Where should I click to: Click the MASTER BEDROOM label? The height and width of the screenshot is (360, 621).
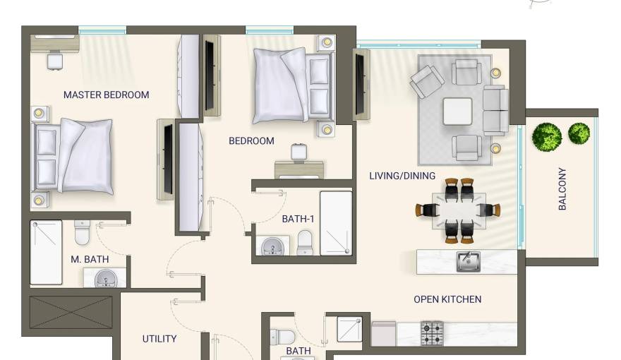(106, 95)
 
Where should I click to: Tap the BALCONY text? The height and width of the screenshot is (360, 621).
(562, 188)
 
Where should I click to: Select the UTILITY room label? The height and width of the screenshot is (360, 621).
(159, 339)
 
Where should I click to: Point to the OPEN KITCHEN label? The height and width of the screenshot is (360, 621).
(447, 299)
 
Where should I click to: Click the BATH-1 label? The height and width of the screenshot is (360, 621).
(298, 219)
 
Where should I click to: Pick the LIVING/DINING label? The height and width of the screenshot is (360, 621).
(402, 176)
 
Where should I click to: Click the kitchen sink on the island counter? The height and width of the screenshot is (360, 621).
(469, 261)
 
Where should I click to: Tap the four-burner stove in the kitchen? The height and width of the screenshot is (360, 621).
(432, 333)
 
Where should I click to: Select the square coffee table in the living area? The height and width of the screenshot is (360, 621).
(457, 112)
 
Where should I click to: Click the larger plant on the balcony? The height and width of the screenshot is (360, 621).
(546, 137)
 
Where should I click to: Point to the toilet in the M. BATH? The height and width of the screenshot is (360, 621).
(83, 233)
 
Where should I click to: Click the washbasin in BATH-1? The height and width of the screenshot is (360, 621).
(272, 247)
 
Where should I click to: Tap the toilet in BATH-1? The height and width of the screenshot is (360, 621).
(305, 244)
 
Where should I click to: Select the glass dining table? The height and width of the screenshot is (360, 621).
(459, 210)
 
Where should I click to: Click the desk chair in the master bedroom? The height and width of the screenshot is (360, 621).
(54, 61)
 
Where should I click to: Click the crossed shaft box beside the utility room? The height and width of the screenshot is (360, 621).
(71, 312)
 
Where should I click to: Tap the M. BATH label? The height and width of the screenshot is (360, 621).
(90, 259)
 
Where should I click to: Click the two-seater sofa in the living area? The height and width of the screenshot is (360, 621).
(495, 111)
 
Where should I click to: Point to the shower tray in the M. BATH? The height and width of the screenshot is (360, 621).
(46, 252)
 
